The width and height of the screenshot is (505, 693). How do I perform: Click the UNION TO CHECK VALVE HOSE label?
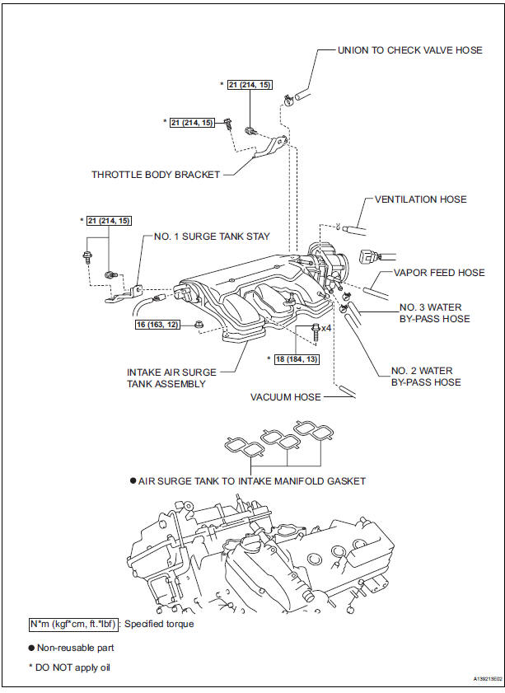[x=409, y=50]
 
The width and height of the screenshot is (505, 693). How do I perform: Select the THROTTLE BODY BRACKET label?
[x=157, y=174]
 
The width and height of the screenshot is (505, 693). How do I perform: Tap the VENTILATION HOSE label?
[x=420, y=199]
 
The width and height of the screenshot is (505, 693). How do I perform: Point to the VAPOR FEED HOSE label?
[x=439, y=273]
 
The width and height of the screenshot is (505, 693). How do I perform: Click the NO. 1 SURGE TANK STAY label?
[x=212, y=236]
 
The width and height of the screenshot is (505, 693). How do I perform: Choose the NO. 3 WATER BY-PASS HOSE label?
[x=429, y=313]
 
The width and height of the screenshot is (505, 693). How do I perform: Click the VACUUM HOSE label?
[x=286, y=397]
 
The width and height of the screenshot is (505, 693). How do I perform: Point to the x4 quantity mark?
[x=326, y=328]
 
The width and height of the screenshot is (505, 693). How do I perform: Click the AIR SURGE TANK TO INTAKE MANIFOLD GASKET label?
[x=251, y=480]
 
